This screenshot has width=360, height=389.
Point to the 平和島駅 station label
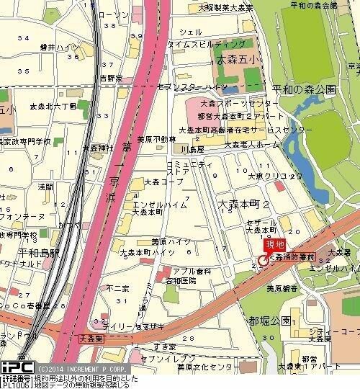19,253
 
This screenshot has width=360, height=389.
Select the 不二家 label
116,288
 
